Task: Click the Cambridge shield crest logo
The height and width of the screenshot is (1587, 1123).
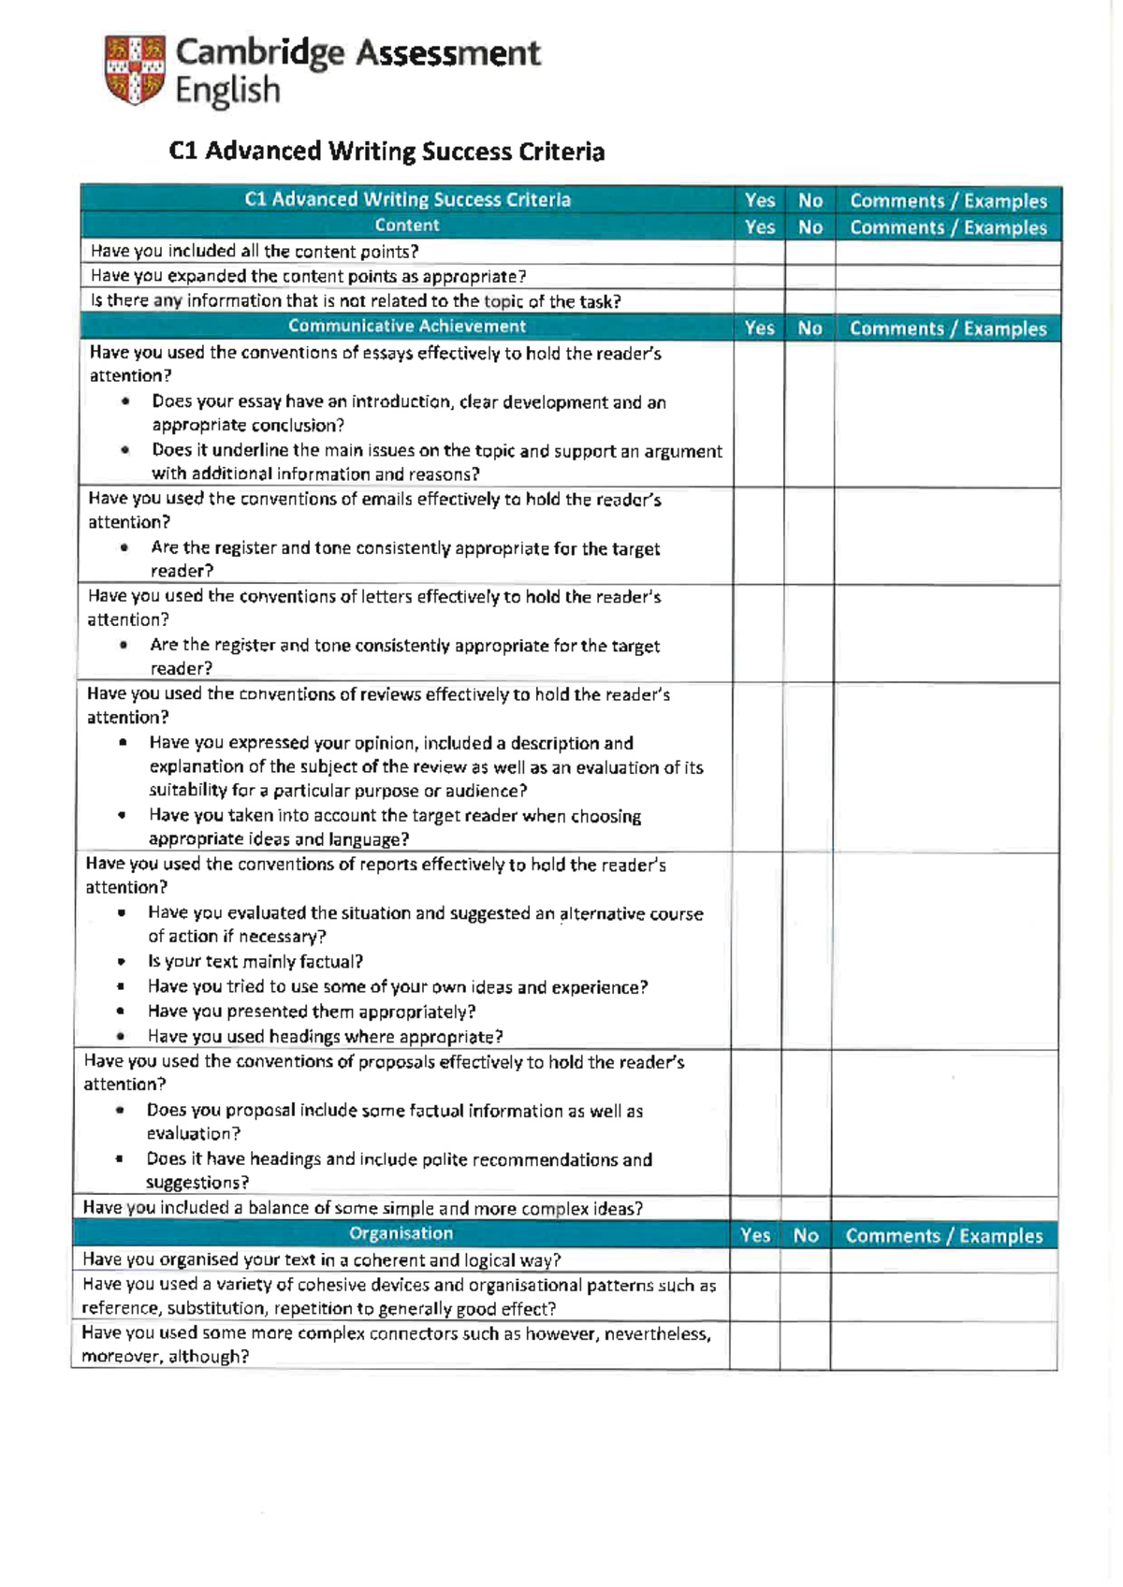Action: (x=136, y=69)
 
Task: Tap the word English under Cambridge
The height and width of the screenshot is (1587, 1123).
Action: (x=227, y=91)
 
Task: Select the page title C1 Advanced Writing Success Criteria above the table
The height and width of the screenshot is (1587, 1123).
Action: (x=386, y=152)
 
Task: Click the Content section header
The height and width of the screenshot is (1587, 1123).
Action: (x=406, y=226)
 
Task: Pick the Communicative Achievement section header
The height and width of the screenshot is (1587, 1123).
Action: (x=406, y=327)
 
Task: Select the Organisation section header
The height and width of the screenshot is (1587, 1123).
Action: (x=401, y=1234)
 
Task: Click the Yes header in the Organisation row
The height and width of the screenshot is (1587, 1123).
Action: (x=754, y=1236)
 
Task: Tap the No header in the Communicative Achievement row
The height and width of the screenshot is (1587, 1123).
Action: (x=809, y=328)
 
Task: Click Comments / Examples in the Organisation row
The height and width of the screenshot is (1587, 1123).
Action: (x=943, y=1236)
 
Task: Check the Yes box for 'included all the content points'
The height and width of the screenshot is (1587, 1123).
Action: (x=759, y=253)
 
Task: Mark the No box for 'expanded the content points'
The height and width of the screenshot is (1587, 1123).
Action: (x=809, y=277)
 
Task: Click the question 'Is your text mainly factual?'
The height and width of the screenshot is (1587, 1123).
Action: (x=255, y=962)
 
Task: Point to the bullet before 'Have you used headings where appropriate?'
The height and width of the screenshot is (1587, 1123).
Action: (x=121, y=1037)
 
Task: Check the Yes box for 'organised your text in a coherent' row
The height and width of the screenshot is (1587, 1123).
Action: (x=754, y=1260)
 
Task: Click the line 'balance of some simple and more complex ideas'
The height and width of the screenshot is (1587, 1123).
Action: (x=362, y=1208)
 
